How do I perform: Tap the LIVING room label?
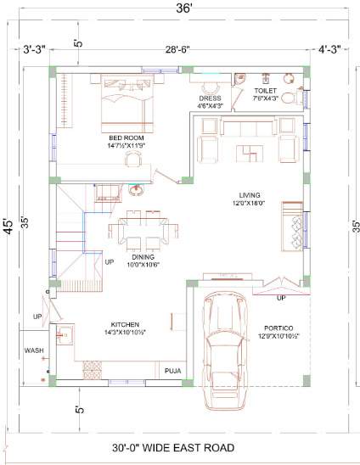pos(250,194)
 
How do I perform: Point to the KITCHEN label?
pos(126,324)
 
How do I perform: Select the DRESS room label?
pos(210,98)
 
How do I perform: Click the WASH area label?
pos(34,350)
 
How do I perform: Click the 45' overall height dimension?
pos(9,227)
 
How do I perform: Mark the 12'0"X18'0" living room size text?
pos(250,204)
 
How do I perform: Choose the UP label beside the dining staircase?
pos(110,262)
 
